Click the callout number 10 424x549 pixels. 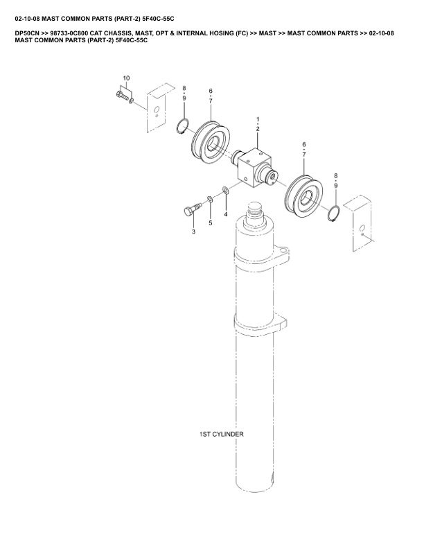tap(126, 78)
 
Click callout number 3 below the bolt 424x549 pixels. tap(193, 232)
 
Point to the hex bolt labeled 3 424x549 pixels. tap(193, 209)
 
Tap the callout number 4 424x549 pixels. tap(225, 214)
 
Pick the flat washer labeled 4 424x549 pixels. tap(226, 191)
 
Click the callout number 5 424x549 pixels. tap(210, 223)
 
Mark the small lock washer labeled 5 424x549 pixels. tap(209, 199)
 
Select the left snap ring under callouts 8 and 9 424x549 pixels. tap(182, 126)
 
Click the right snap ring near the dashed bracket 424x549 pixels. tap(334, 214)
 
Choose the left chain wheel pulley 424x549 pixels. tap(211, 143)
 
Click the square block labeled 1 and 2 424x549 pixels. tap(254, 166)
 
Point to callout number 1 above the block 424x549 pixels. tap(258, 119)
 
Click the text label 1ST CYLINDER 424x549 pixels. tap(222, 434)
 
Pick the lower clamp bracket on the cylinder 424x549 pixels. tap(260, 323)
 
